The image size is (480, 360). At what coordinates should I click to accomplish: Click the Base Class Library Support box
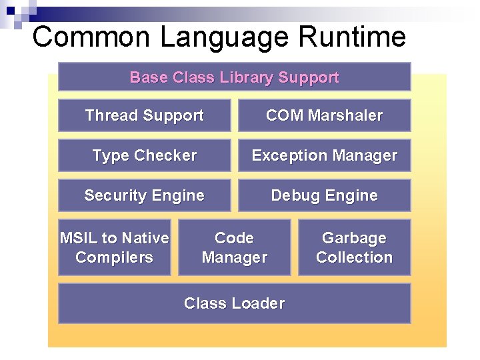pyautogui.click(x=234, y=77)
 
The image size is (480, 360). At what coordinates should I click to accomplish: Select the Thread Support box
pyautogui.click(x=144, y=115)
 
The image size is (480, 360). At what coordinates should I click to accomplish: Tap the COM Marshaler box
pyautogui.click(x=324, y=115)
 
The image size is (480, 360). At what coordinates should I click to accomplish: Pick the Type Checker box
pyautogui.click(x=144, y=155)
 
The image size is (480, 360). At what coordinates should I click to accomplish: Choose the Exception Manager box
pyautogui.click(x=324, y=155)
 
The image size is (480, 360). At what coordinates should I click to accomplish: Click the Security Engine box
pyautogui.click(x=144, y=195)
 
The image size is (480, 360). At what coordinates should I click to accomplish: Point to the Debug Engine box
pyautogui.click(x=324, y=195)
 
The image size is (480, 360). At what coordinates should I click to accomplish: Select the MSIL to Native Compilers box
pyautogui.click(x=114, y=247)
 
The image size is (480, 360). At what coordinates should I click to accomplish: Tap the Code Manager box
pyautogui.click(x=234, y=247)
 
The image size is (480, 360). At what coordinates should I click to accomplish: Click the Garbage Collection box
pyautogui.click(x=354, y=247)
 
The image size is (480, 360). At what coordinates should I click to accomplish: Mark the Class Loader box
pyautogui.click(x=234, y=303)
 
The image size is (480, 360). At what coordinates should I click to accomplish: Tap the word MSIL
pyautogui.click(x=78, y=238)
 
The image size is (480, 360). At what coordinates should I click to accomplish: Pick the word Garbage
pyautogui.click(x=354, y=238)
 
